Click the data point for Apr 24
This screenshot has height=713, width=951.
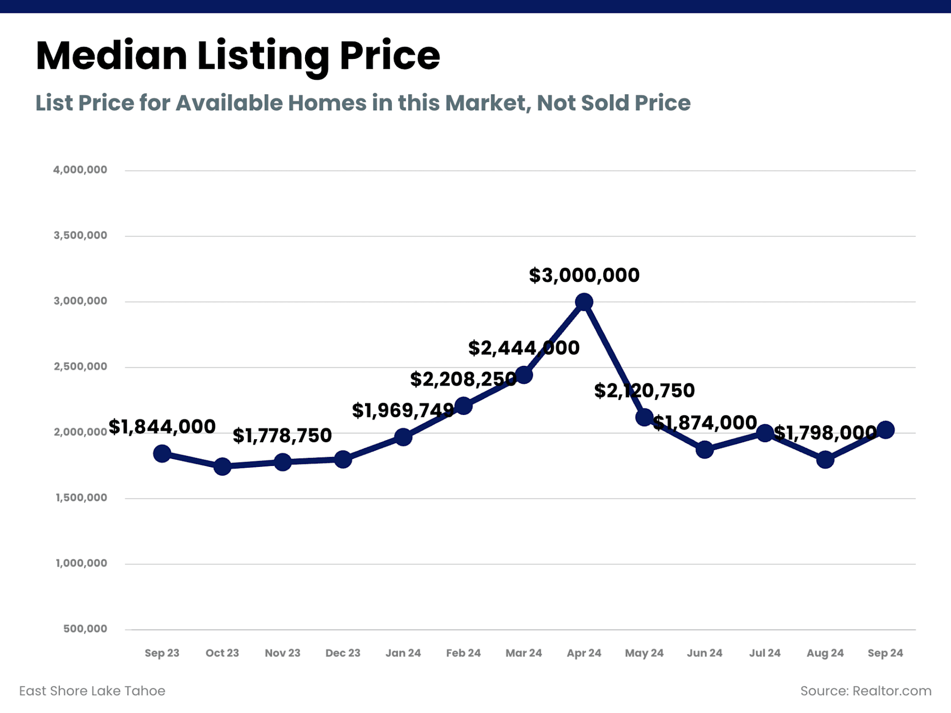pyautogui.click(x=584, y=302)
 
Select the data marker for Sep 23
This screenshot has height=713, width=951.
pyautogui.click(x=162, y=453)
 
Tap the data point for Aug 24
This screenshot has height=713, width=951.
pyautogui.click(x=825, y=459)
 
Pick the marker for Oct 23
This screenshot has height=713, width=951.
pyautogui.click(x=222, y=466)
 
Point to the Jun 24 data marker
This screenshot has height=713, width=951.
pyautogui.click(x=704, y=450)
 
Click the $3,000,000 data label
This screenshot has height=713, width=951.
pyautogui.click(x=584, y=275)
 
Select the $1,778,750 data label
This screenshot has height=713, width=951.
pyautogui.click(x=282, y=436)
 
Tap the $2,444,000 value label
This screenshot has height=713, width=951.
pyautogui.click(x=524, y=348)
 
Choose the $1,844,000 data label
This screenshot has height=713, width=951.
pyautogui.click(x=162, y=426)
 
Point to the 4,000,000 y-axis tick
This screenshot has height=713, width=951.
pyautogui.click(x=80, y=170)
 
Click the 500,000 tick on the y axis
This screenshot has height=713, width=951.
pyautogui.click(x=85, y=629)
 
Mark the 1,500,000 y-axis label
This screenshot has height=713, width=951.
pyautogui.click(x=81, y=498)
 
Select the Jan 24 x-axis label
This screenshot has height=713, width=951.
pyautogui.click(x=403, y=653)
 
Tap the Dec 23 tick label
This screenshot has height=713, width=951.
pyautogui.click(x=343, y=653)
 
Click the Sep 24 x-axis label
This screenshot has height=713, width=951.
pyautogui.click(x=885, y=653)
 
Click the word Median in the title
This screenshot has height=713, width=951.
pyautogui.click(x=111, y=55)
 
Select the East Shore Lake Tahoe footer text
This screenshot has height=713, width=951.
pyautogui.click(x=92, y=691)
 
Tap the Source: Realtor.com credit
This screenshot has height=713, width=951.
pyautogui.click(x=866, y=691)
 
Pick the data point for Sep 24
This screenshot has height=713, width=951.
pyautogui.click(x=885, y=430)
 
